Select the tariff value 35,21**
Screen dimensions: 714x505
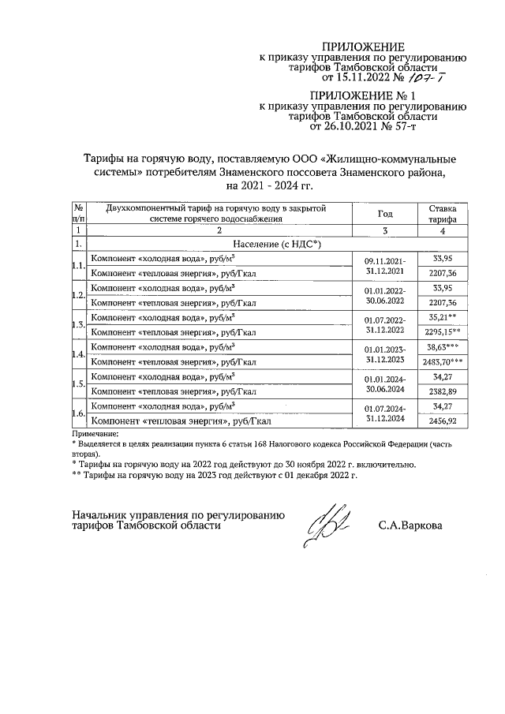(x=443, y=317)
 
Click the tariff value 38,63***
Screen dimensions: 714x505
(x=443, y=346)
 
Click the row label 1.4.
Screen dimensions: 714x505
(x=77, y=354)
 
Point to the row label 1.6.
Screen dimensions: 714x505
(x=77, y=413)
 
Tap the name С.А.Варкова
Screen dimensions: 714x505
(x=410, y=525)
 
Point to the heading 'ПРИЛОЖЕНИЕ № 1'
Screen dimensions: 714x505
(x=365, y=95)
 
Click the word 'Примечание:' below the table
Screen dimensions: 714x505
(x=94, y=434)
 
